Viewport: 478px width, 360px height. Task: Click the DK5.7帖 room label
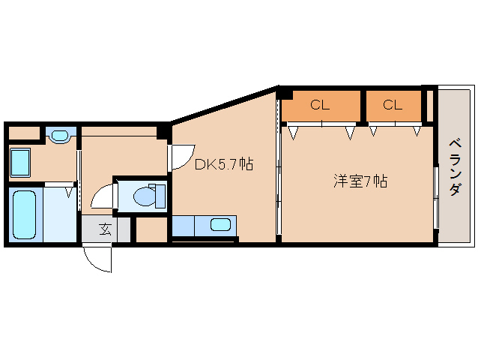tap(223, 164)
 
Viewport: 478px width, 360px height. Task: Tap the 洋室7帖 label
tap(360, 181)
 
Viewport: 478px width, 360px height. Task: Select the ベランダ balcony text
tap(454, 167)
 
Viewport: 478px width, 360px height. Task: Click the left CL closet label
tap(320, 105)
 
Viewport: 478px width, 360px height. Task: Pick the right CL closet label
tap(393, 105)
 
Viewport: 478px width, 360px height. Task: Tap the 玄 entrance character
tap(105, 229)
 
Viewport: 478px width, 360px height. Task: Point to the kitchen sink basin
tap(220, 224)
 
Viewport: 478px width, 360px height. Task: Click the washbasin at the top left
tap(58, 136)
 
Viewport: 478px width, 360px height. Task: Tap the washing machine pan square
tap(19, 161)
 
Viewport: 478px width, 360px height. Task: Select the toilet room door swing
tap(103, 196)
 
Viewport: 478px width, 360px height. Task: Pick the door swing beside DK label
tap(180, 157)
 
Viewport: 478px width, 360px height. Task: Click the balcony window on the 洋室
tap(435, 196)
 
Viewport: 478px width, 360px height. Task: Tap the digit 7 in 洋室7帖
tap(371, 181)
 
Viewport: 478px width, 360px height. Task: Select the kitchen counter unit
tap(204, 225)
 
